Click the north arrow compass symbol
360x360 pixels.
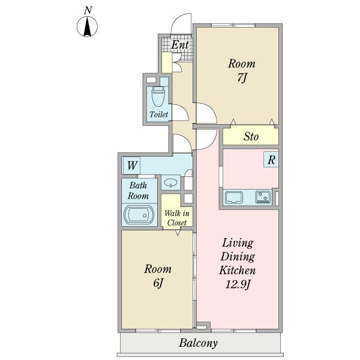(x=87, y=26)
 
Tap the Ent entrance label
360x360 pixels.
(x=180, y=45)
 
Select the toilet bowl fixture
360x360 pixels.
(x=158, y=97)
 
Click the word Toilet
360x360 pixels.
(x=158, y=114)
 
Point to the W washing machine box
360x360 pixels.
(x=131, y=166)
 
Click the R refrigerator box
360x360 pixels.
(x=271, y=160)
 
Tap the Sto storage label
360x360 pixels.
(x=251, y=137)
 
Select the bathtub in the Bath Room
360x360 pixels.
(x=139, y=215)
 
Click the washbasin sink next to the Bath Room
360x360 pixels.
(x=171, y=183)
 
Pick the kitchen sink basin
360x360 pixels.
(x=234, y=197)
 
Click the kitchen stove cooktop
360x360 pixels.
(x=263, y=197)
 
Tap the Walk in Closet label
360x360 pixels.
(x=177, y=218)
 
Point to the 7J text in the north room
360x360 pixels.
(x=242, y=78)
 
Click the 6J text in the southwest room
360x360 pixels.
(x=158, y=283)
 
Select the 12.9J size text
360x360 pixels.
(x=238, y=284)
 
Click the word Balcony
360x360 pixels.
(x=198, y=343)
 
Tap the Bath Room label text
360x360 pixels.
(x=138, y=191)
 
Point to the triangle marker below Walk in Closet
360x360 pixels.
(x=178, y=233)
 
